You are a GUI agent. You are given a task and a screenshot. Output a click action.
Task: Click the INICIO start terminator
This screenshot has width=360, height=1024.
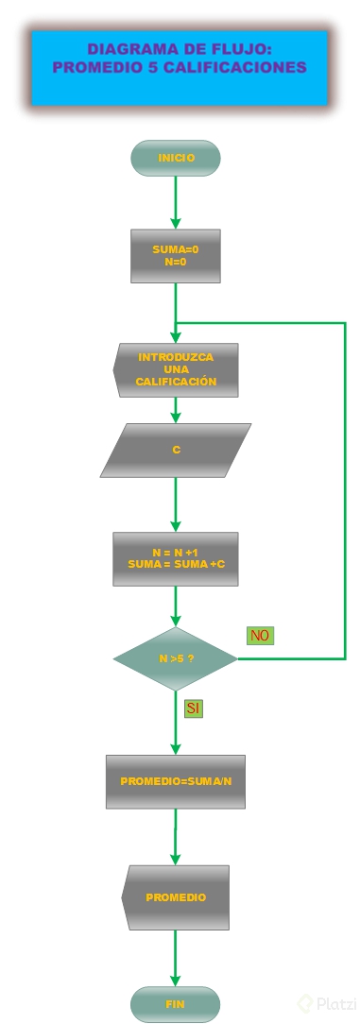(176, 158)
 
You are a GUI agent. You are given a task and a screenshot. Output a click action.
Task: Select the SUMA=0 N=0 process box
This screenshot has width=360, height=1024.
(176, 256)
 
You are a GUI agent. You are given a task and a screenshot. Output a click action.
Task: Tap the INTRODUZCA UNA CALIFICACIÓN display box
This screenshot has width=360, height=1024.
(176, 370)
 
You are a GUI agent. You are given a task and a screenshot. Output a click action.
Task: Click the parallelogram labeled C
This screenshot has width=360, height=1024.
(176, 450)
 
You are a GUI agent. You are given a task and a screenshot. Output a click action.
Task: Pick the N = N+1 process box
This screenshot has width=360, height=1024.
(176, 558)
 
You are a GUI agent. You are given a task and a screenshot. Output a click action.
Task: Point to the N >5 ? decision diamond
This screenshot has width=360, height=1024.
(176, 658)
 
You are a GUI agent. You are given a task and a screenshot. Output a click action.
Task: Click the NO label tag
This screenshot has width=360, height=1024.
(260, 636)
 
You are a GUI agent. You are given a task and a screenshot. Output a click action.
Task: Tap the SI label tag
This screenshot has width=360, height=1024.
(193, 708)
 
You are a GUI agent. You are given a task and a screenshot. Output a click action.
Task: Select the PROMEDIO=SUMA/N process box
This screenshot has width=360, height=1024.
(176, 781)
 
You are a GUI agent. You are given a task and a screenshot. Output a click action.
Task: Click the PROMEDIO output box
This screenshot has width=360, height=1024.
(176, 897)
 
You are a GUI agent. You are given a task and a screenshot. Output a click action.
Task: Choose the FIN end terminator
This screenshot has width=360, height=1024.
(176, 1004)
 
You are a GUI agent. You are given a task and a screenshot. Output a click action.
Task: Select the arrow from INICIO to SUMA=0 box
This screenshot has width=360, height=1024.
(176, 201)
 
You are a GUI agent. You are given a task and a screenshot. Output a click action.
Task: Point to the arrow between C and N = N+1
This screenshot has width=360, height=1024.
(176, 504)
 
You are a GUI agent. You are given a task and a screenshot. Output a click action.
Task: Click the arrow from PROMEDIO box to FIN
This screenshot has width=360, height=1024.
(176, 958)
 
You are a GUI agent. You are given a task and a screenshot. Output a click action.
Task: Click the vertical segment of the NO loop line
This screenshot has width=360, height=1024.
(345, 491)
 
